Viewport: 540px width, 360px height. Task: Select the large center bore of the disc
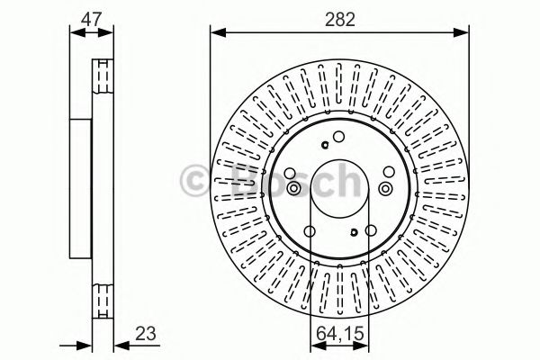pos(338,184)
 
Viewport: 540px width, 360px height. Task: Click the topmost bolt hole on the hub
pos(338,137)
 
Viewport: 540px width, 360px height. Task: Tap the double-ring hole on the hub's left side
pos(292,187)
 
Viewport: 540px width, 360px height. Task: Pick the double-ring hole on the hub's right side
pos(385,187)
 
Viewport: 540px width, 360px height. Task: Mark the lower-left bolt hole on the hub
pos(310,231)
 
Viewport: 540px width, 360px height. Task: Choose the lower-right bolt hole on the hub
pos(367,231)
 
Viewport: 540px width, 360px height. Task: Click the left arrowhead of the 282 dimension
pos(216,33)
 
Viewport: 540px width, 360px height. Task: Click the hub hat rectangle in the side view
pos(81,184)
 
